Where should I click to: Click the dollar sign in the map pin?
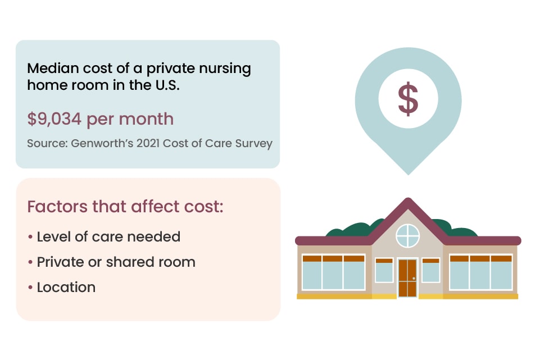pyautogui.click(x=408, y=98)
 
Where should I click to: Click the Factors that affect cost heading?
pyautogui.click(x=125, y=206)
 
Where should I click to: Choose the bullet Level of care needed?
pyautogui.click(x=108, y=236)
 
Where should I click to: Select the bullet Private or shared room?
pyautogui.click(x=116, y=262)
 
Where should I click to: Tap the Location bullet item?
pyautogui.click(x=66, y=287)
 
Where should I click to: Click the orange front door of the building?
pyautogui.click(x=407, y=277)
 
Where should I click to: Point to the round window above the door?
pyautogui.click(x=408, y=235)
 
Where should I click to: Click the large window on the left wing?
pyautogui.click(x=333, y=273)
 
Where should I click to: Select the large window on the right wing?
pyautogui.click(x=481, y=273)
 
